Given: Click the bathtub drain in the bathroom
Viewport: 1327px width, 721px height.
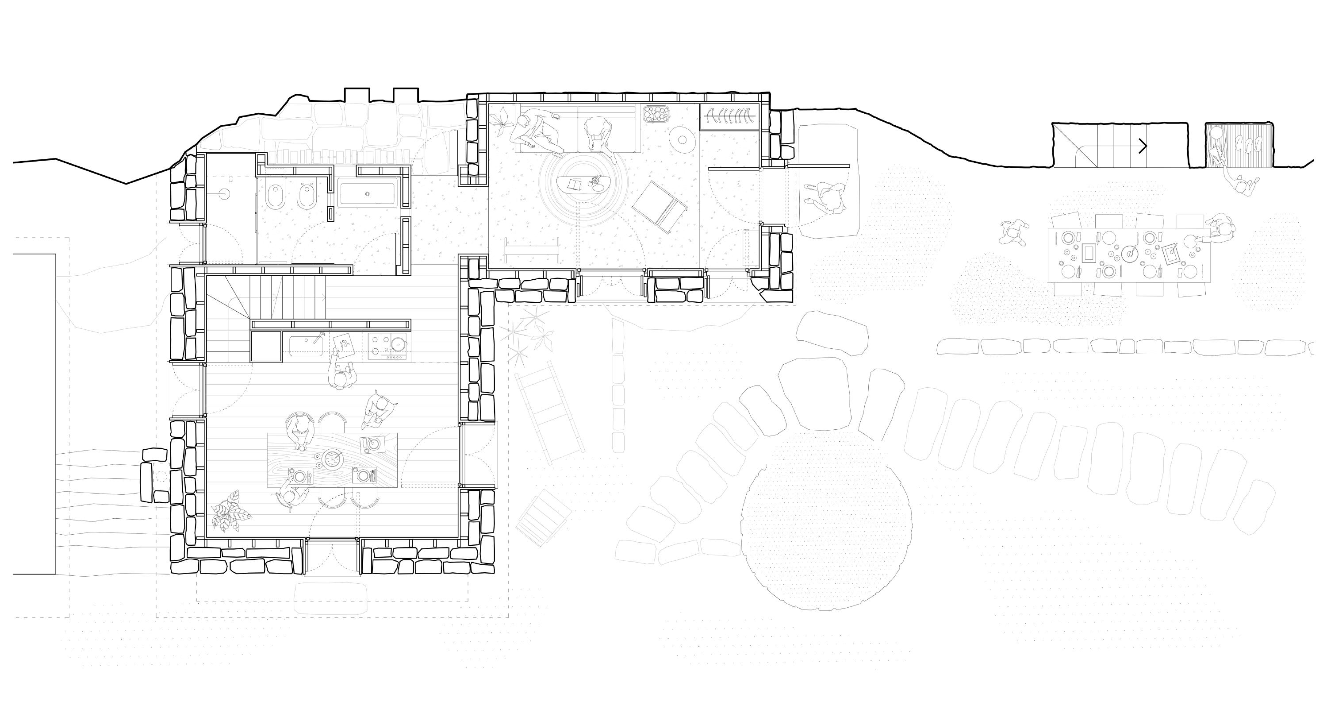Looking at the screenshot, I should [367, 194].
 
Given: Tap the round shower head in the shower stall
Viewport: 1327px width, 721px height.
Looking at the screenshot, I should [223, 194].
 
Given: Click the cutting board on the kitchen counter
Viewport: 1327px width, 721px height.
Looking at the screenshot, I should [344, 344].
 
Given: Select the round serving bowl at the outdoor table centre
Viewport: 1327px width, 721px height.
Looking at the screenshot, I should [1130, 253].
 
